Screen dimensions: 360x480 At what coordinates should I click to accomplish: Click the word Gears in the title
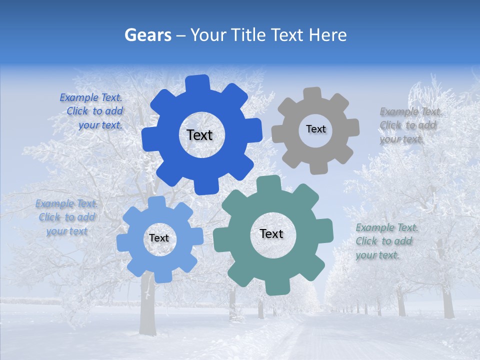coord(147,35)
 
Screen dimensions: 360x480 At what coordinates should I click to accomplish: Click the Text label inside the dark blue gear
coord(199,135)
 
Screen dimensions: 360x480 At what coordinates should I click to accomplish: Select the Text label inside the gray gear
coord(315,129)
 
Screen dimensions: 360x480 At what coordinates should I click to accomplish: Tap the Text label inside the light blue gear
coord(159,238)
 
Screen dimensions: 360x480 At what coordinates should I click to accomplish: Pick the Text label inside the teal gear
coord(271,233)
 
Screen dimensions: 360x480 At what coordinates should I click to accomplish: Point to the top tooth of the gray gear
coord(312,94)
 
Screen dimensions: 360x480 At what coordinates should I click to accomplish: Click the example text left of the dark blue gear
coord(93,111)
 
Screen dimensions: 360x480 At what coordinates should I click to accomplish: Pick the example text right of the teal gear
coord(385,241)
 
